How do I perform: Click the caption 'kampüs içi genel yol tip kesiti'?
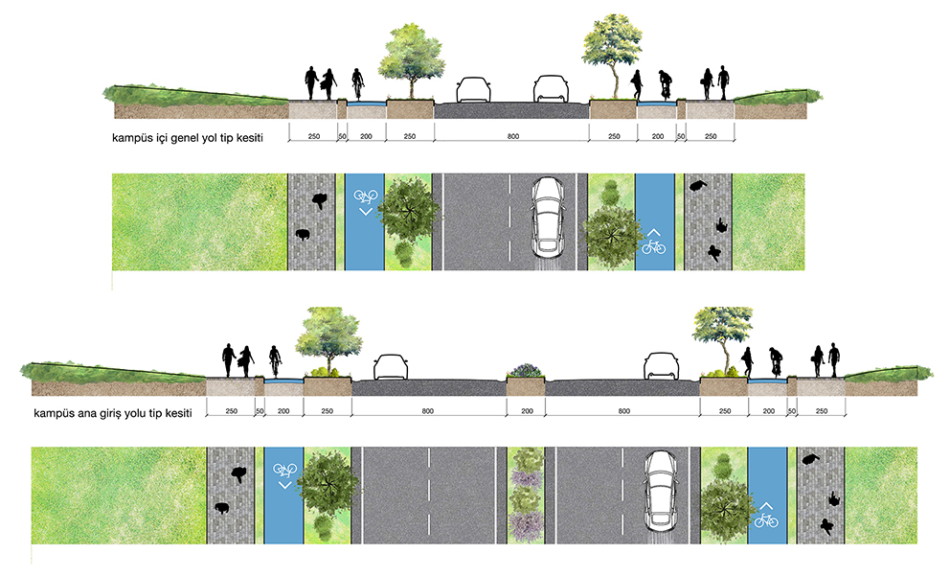coord(188,138)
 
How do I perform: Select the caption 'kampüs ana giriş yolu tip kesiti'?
coord(113,413)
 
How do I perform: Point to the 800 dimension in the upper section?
coord(513,136)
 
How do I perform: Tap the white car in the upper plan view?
coord(549,217)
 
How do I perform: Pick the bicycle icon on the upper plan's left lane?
coord(365,196)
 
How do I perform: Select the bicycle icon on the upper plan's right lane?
coord(654,247)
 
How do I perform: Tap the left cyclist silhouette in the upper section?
coord(357,83)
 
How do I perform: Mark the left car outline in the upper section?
coord(473,89)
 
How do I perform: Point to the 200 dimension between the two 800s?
coord(527,411)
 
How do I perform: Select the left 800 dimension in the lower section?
coord(428,411)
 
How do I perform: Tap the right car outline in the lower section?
coord(661,366)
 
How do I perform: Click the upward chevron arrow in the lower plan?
coord(766,506)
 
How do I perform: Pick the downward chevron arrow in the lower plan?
coord(284,485)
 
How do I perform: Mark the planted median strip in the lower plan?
coord(526,496)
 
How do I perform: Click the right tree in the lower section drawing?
coord(722,339)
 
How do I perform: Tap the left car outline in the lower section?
coord(391,367)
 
